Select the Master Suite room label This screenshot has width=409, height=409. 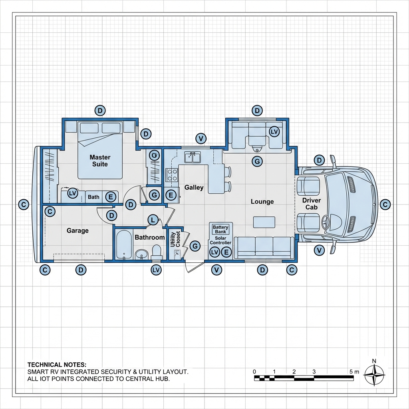pyautogui.click(x=100, y=161)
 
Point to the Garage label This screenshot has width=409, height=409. pyautogui.click(x=77, y=230)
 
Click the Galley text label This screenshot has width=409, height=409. pyautogui.click(x=194, y=187)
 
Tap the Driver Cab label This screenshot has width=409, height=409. pyautogui.click(x=312, y=204)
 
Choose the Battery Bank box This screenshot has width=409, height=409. pyautogui.click(x=220, y=229)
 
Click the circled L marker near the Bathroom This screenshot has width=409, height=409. pyautogui.click(x=153, y=220)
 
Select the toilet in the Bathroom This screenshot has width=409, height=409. pyautogui.click(x=156, y=252)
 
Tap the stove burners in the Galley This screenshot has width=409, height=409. pyautogui.click(x=172, y=175)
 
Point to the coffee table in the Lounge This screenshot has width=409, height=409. pyautogui.click(x=264, y=222)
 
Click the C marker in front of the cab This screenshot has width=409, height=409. pyautogui.click(x=385, y=204)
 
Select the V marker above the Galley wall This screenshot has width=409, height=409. pyautogui.click(x=201, y=139)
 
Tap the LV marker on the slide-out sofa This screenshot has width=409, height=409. pyautogui.click(x=274, y=131)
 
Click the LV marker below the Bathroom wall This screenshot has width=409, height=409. pyautogui.click(x=156, y=270)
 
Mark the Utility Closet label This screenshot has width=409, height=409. pyautogui.click(x=175, y=240)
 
